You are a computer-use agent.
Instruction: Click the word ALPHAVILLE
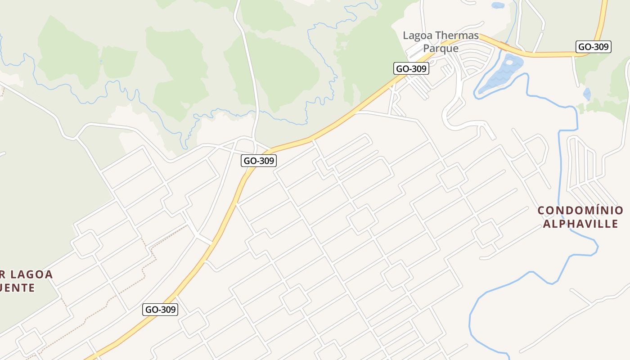point(580,224)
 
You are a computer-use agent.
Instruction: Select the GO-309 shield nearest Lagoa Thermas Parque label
point(411,68)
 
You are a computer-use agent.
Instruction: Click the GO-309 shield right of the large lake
point(593,47)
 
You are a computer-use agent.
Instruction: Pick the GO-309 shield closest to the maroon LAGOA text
point(161,310)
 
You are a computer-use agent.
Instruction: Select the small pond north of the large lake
point(498,6)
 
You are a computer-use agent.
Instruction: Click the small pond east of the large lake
point(587,94)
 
